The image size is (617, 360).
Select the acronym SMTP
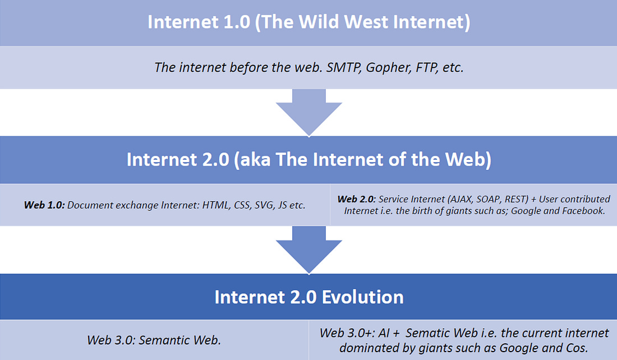pyautogui.click(x=343, y=67)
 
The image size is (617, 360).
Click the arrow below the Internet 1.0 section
pyautogui.click(x=309, y=112)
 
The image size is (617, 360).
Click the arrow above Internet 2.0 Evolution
pyautogui.click(x=309, y=250)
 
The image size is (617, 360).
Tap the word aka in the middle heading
pyautogui.click(x=255, y=160)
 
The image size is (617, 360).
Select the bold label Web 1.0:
pyautogui.click(x=44, y=205)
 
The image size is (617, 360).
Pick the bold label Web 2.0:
pyautogui.click(x=357, y=199)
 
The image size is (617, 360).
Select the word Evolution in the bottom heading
pyautogui.click(x=363, y=297)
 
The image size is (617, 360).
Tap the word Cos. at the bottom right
pyautogui.click(x=577, y=348)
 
